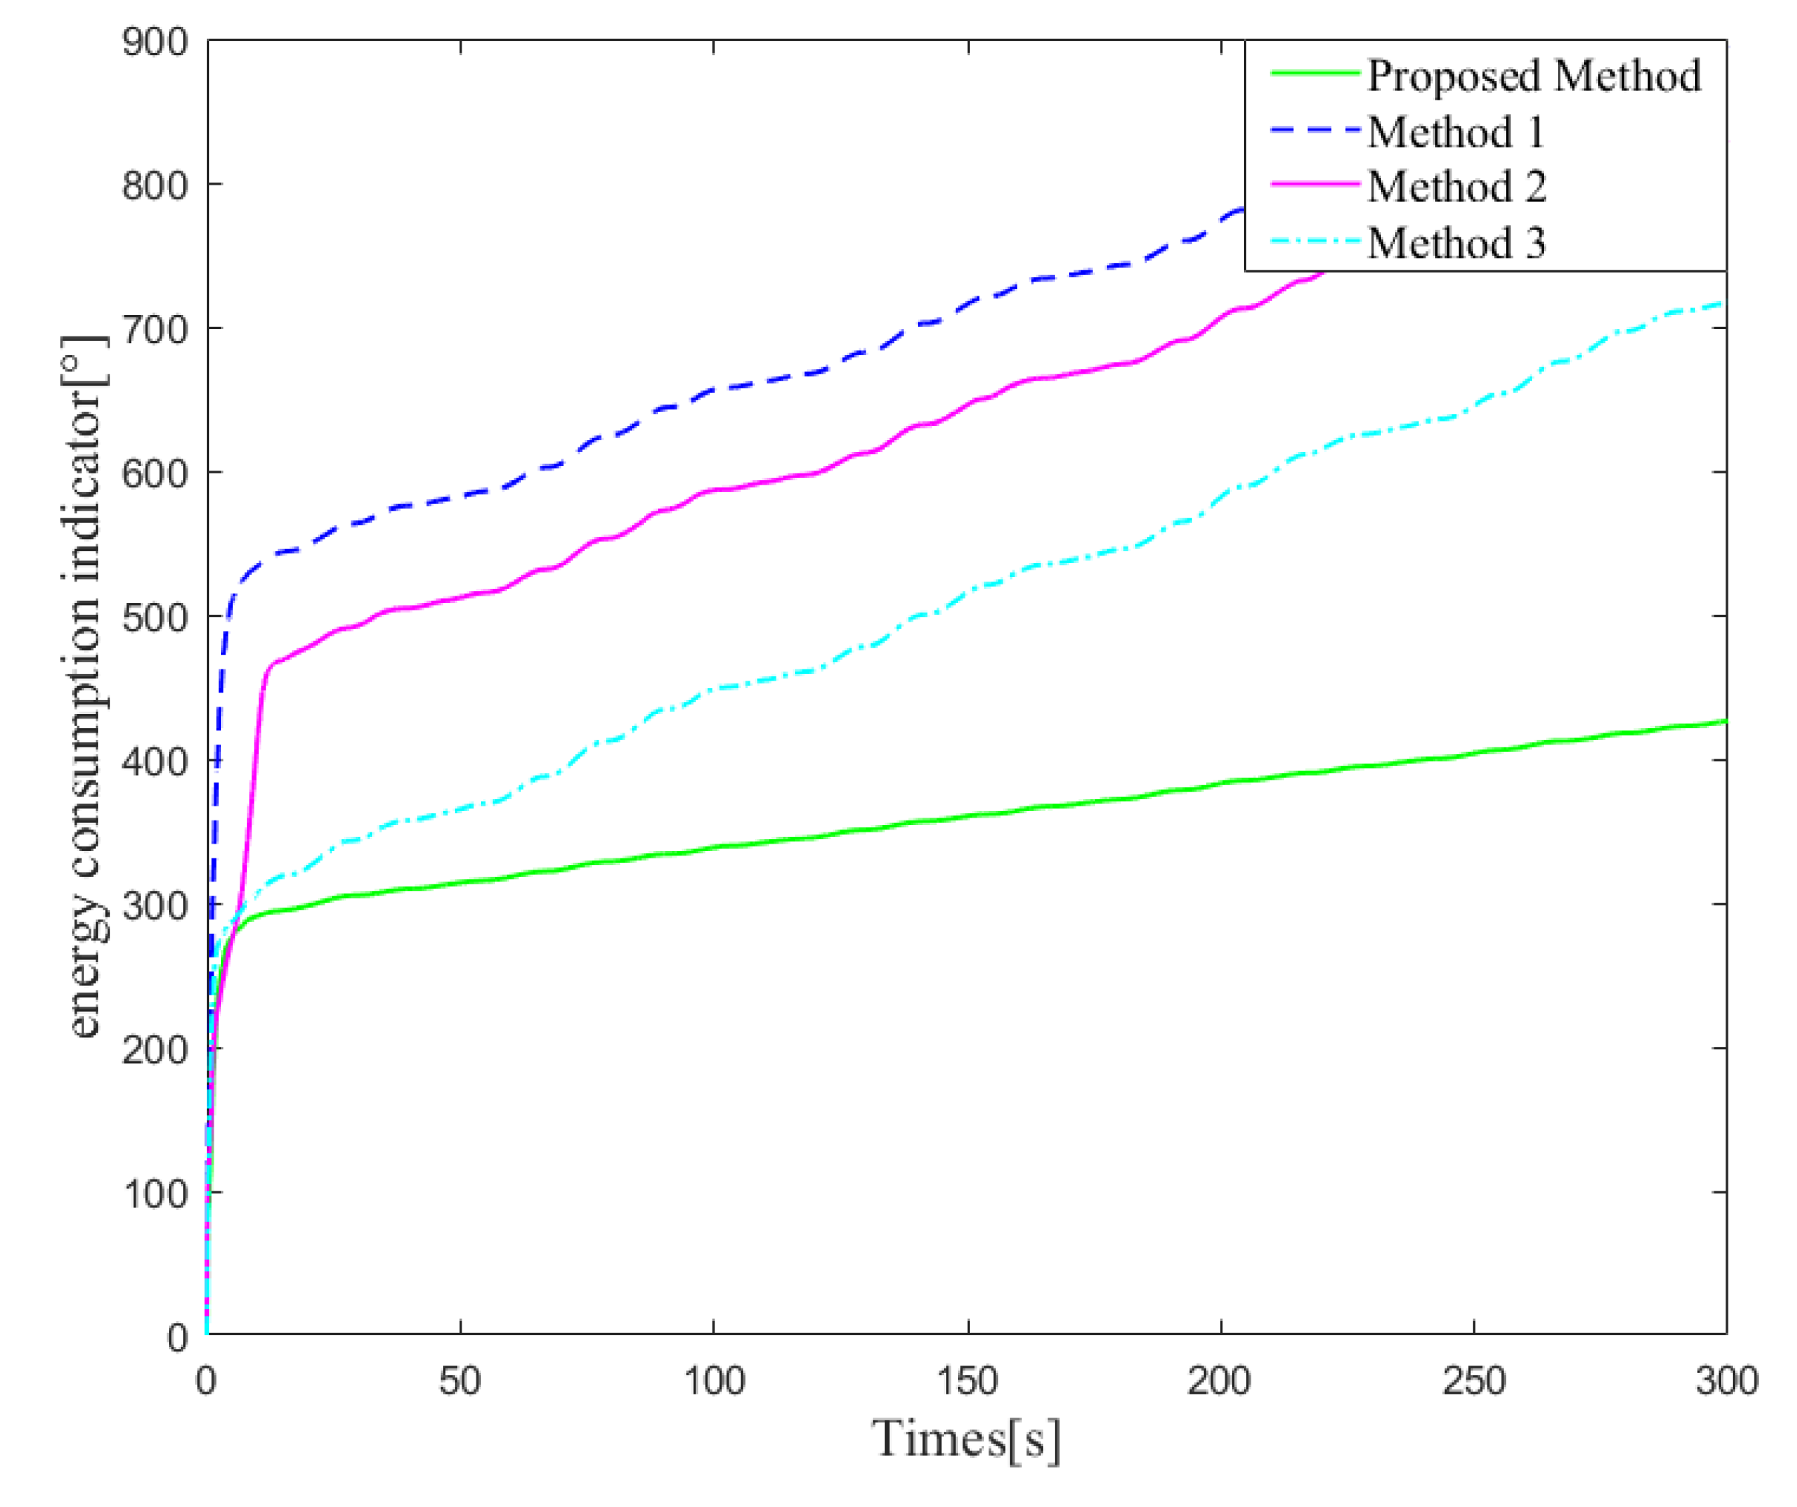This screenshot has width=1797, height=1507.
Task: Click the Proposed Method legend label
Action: pos(1533,75)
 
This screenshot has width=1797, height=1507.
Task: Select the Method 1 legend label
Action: pos(1456,132)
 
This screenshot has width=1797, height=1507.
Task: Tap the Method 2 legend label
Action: pos(1456,187)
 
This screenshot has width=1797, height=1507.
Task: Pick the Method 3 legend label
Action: pos(1456,243)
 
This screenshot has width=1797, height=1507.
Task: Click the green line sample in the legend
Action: pos(1315,74)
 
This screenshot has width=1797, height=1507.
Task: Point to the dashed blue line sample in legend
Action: pos(1315,131)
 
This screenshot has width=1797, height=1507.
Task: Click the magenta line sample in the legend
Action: pos(1315,185)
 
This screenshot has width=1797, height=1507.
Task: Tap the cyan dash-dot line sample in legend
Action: pos(1315,241)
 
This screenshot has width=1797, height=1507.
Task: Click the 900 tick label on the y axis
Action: pos(155,42)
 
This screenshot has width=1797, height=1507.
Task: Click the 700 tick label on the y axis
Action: pos(155,329)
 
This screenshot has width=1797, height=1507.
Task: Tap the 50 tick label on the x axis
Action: pos(460,1381)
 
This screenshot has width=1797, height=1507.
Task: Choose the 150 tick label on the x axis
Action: pos(968,1381)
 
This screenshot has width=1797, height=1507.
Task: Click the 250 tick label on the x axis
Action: pos(1473,1381)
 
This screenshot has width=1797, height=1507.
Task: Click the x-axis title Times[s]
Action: pos(966,1439)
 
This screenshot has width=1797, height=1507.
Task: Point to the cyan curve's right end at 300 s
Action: pos(1723,304)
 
